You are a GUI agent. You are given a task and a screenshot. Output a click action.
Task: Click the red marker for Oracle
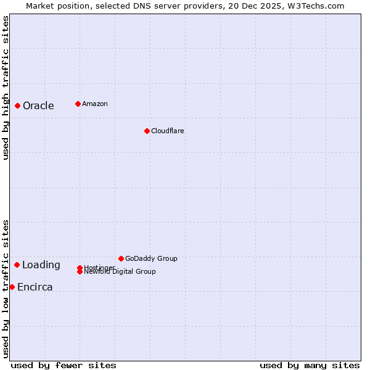(x=18, y=105)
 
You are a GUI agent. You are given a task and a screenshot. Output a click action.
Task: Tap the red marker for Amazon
(x=78, y=104)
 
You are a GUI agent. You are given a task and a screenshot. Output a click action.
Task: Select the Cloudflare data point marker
(x=147, y=131)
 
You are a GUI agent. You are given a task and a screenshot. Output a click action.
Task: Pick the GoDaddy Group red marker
(x=121, y=258)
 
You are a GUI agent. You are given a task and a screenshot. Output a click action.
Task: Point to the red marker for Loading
(x=17, y=265)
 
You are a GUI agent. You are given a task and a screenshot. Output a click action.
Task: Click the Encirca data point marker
(x=12, y=287)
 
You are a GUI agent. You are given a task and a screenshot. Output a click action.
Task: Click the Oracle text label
(x=38, y=105)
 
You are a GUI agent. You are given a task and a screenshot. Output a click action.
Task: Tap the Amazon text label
(x=95, y=104)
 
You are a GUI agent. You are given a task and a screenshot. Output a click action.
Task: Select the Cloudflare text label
(x=168, y=131)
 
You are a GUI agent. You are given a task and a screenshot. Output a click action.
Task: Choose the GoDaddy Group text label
(x=151, y=258)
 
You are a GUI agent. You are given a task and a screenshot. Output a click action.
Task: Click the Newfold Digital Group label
(x=120, y=272)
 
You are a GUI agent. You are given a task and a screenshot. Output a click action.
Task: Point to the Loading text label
(x=41, y=265)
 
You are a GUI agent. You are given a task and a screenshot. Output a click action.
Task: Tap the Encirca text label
(x=35, y=287)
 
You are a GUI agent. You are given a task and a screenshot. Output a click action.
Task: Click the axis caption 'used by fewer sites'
(x=64, y=365)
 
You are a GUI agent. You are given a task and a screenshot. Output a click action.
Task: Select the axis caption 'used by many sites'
(x=310, y=365)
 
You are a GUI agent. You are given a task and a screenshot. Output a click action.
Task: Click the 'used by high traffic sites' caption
(x=6, y=88)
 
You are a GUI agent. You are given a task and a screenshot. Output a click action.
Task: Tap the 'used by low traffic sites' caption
(x=6, y=289)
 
